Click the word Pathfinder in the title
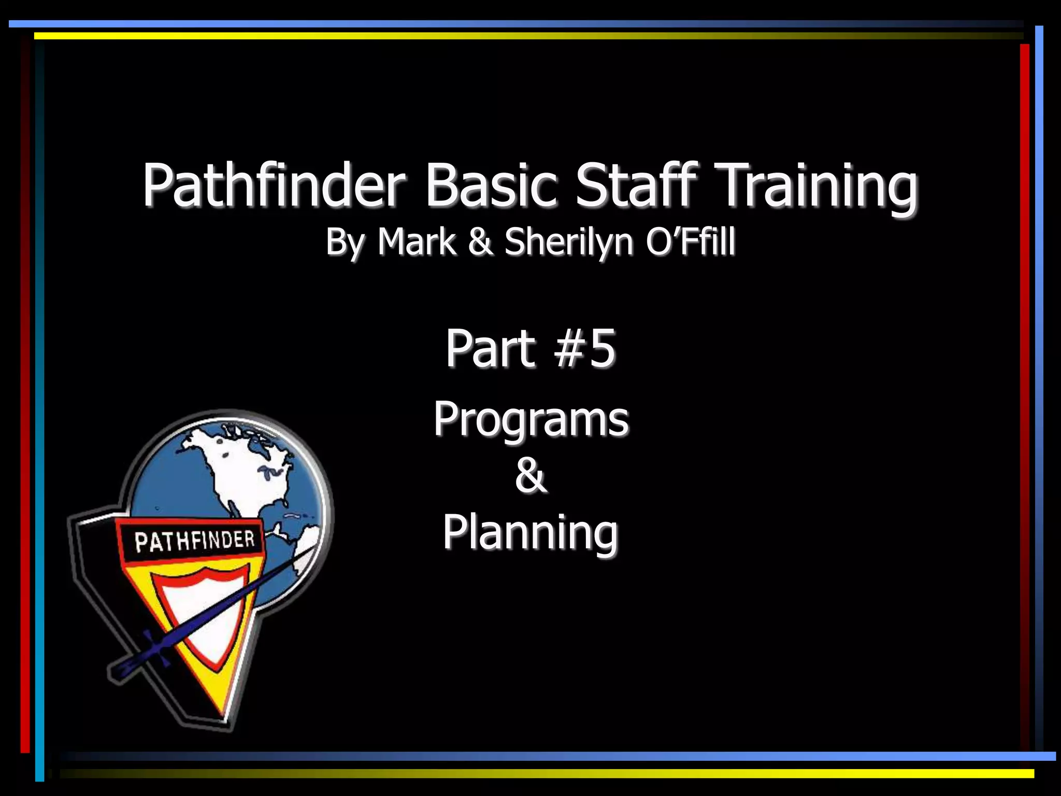click(273, 185)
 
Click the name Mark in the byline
click(417, 241)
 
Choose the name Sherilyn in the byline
click(569, 243)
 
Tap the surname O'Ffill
click(690, 241)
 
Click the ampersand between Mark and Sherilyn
click(480, 241)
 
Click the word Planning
click(530, 533)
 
